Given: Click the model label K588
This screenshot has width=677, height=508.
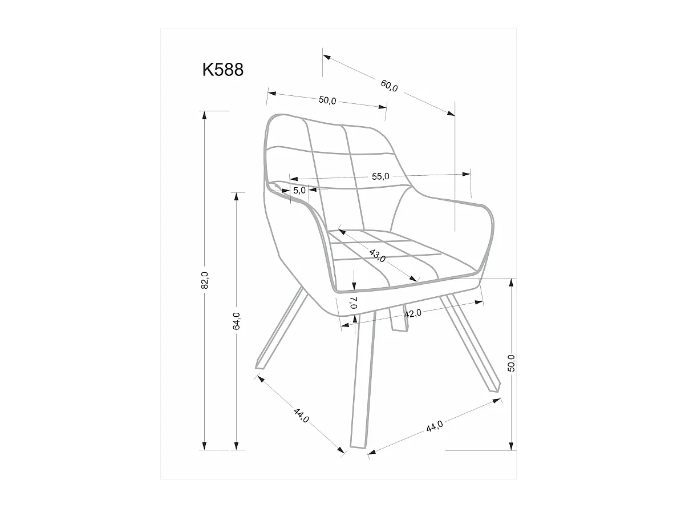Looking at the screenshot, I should [223, 70].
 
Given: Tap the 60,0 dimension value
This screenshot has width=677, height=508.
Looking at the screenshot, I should [390, 86].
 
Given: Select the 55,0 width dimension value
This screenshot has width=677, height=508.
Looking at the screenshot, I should [380, 176].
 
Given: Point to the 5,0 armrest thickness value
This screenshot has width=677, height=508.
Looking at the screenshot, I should [299, 191].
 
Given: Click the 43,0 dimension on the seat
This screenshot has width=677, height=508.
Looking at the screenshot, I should [378, 255].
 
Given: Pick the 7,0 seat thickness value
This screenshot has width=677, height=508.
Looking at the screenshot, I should [354, 302].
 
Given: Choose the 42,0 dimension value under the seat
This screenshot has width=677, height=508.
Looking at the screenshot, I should [412, 313].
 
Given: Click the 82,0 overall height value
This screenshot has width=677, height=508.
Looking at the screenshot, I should [205, 280].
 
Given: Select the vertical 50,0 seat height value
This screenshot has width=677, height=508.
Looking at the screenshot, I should [511, 363].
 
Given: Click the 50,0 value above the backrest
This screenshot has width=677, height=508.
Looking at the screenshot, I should [327, 100].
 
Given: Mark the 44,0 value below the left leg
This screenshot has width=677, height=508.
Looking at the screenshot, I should [301, 415].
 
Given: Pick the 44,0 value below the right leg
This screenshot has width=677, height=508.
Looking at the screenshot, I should [435, 425].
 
